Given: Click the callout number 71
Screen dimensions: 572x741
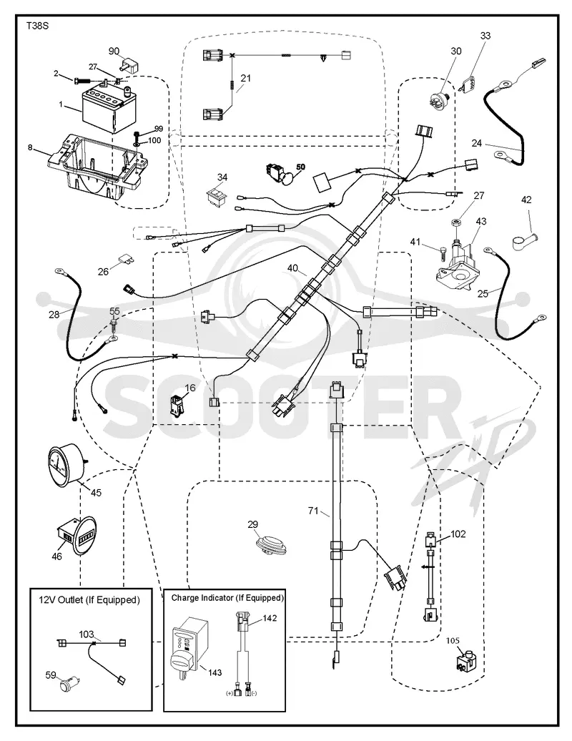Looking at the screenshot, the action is [313, 511].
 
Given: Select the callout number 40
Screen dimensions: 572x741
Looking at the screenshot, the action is [293, 268].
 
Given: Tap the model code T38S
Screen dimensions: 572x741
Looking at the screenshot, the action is [38, 26].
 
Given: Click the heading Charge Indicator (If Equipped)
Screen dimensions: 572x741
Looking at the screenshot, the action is [227, 598].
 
